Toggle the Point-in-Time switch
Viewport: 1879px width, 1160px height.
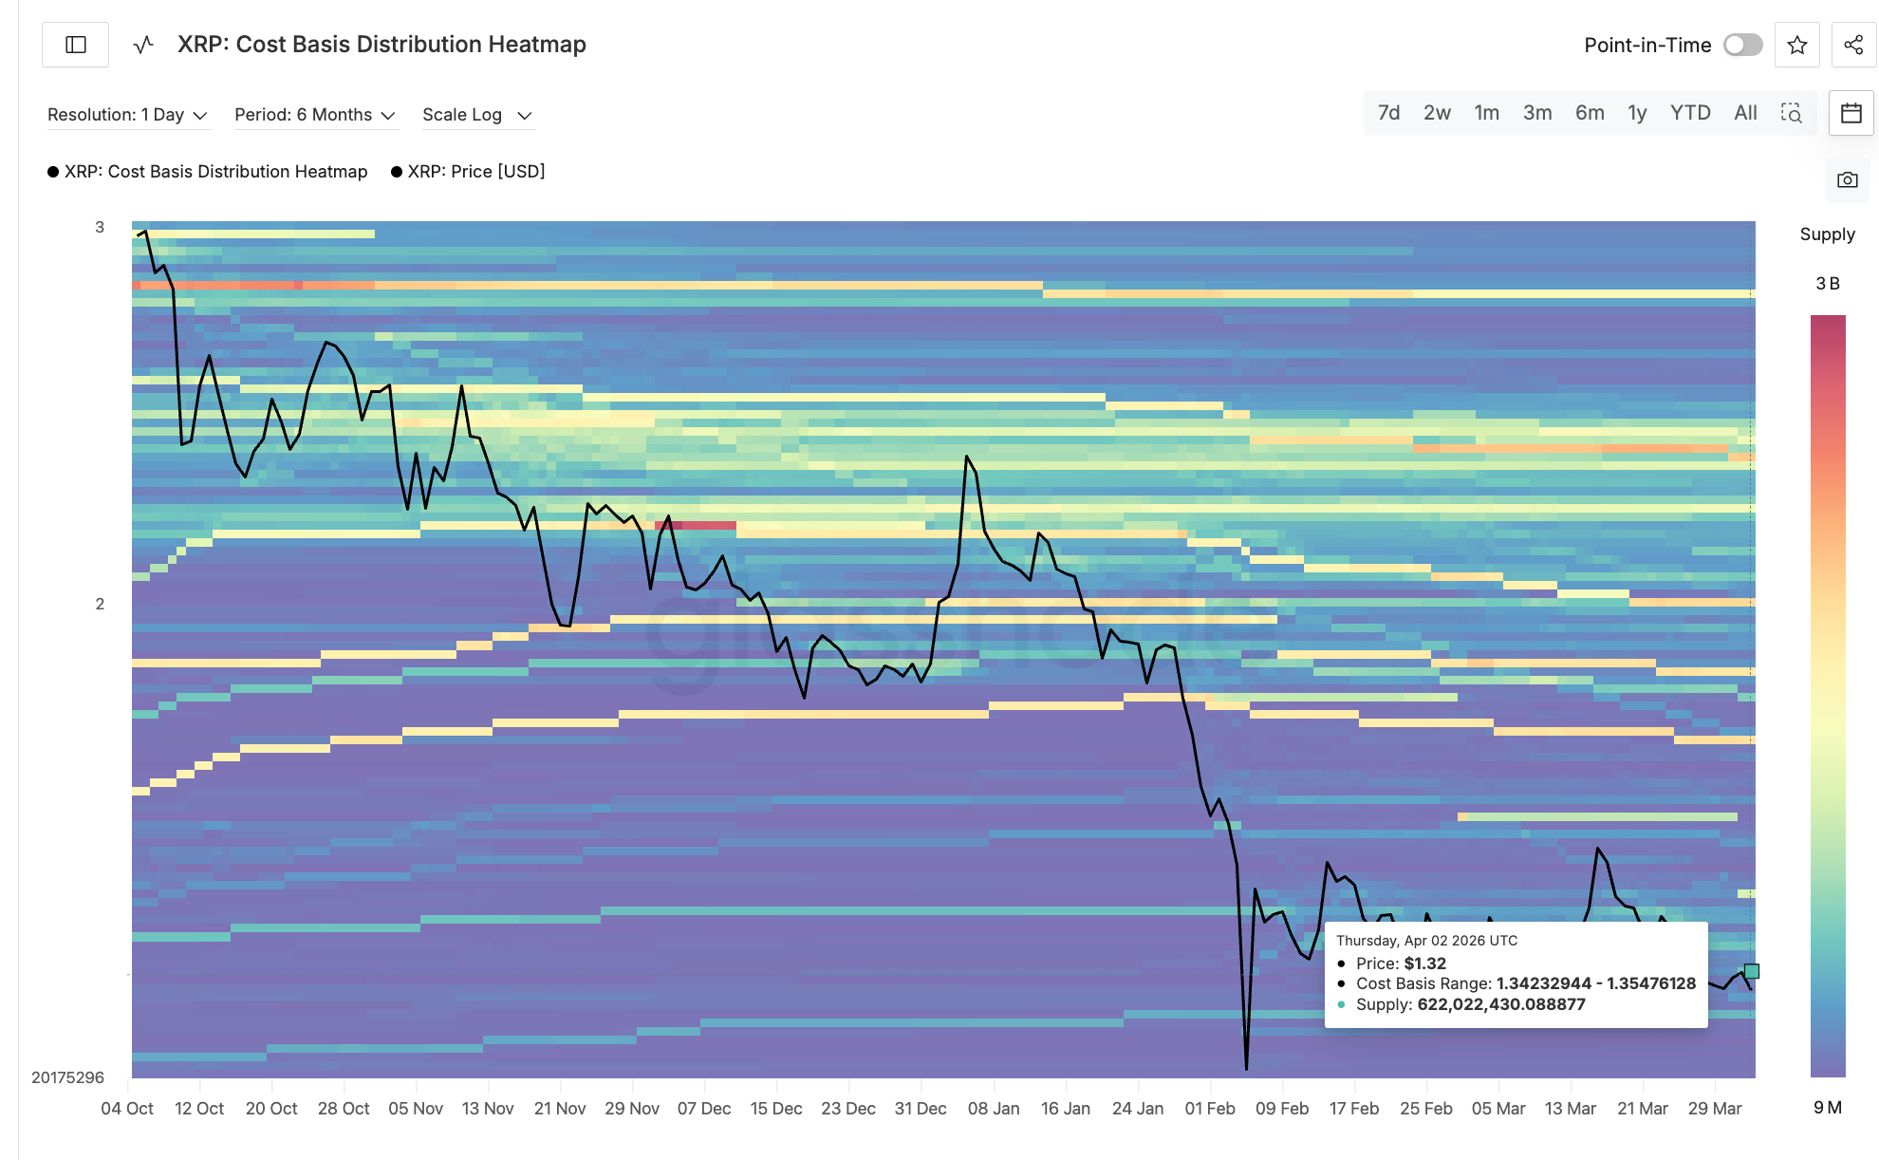pos(1742,45)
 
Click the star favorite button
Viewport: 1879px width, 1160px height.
pos(1796,45)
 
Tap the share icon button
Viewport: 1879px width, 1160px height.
pos(1852,45)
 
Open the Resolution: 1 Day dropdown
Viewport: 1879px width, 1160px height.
pos(127,115)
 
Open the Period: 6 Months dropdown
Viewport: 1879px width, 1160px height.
pos(314,115)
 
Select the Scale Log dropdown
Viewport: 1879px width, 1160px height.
pos(476,115)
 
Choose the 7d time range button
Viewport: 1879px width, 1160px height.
pos(1388,113)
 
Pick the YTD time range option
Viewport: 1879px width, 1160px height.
pos(1689,113)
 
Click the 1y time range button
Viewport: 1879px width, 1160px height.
pos(1636,113)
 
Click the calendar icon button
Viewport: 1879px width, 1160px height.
pos(1851,114)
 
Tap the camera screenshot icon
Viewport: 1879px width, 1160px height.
pos(1847,180)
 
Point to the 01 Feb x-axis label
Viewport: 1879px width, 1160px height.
pos(1209,1109)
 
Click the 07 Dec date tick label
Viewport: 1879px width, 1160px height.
pos(703,1109)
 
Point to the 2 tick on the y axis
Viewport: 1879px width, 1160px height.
pos(100,604)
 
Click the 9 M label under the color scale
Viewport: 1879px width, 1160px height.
pos(1827,1107)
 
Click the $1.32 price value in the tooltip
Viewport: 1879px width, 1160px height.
pos(1424,964)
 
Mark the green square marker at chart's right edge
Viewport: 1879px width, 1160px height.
pos(1752,971)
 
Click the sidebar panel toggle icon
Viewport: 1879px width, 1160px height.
pos(76,45)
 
